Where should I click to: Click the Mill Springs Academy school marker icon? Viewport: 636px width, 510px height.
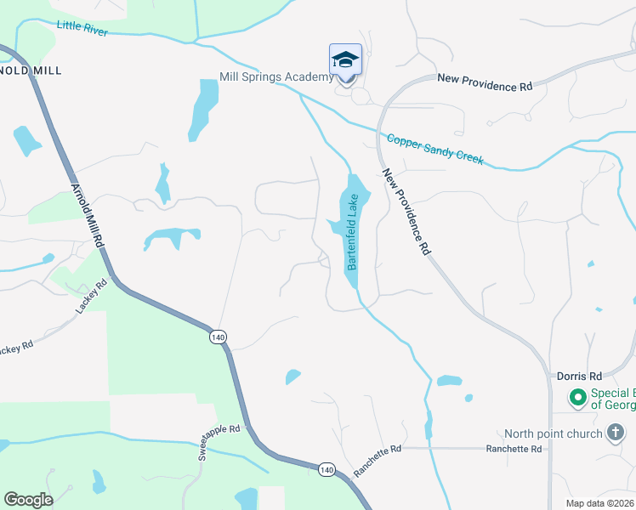[345, 60]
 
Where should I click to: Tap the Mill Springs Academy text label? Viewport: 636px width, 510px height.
[276, 77]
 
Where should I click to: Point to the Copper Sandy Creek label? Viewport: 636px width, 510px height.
[434, 150]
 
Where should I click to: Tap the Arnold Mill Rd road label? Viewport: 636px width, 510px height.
[87, 215]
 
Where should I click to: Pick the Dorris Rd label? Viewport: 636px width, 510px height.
[579, 376]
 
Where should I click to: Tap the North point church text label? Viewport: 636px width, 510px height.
[552, 433]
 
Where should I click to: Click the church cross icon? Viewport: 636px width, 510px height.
[615, 433]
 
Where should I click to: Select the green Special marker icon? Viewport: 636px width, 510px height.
[577, 397]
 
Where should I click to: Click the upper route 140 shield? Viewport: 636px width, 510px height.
[219, 337]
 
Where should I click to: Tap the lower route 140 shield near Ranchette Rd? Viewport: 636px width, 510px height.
[327, 469]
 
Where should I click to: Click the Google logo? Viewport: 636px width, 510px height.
[28, 500]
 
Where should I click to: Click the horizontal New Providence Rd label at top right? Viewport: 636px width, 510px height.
[485, 87]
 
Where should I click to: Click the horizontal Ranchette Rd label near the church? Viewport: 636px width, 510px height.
[514, 448]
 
